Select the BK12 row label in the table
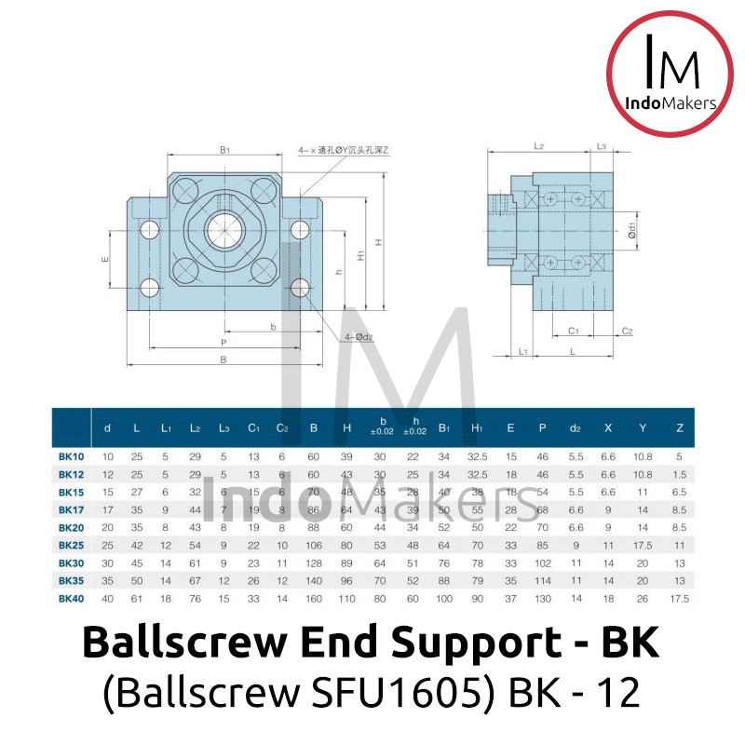tap(73, 474)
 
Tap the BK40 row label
tap(73, 599)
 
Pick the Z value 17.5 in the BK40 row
tap(679, 599)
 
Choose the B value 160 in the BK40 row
tap(314, 599)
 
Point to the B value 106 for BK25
tap(314, 546)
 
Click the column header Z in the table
tap(679, 428)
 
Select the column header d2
tap(576, 428)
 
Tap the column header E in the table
tap(510, 428)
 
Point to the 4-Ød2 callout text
tap(359, 336)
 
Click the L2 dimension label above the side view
tap(539, 146)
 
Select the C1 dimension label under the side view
tap(574, 331)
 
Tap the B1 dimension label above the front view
tap(224, 148)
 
